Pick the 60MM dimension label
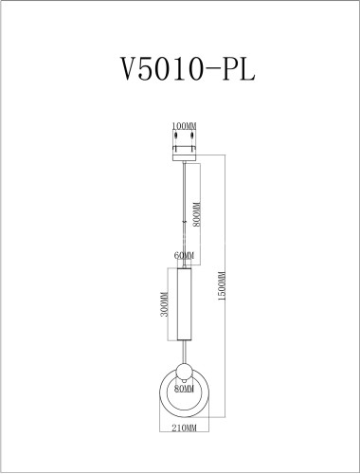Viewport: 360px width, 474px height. coord(184,256)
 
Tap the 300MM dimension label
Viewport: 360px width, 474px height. coord(164,304)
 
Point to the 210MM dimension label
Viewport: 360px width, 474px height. coord(184,429)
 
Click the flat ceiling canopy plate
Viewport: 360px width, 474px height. coord(183,154)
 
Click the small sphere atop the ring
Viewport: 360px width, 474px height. coord(183,371)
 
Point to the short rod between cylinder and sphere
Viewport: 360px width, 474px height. coord(183,354)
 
